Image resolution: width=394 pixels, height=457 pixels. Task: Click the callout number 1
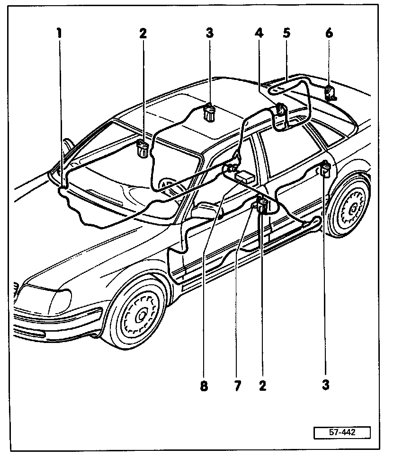(x=59, y=33)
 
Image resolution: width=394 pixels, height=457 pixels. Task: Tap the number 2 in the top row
(x=143, y=33)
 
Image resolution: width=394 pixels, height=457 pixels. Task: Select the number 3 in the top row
(x=209, y=33)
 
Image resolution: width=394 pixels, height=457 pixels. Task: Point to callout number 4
(x=258, y=33)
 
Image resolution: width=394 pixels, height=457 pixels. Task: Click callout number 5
(x=287, y=33)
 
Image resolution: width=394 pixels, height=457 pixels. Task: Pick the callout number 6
(x=329, y=33)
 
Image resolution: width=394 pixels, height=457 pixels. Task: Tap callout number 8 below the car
(x=204, y=386)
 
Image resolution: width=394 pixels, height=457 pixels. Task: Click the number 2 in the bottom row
(x=262, y=386)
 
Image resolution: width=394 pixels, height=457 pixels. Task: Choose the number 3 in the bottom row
(x=325, y=386)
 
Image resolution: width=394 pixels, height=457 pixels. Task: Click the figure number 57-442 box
(x=341, y=432)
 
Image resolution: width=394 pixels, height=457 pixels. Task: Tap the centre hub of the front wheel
(x=141, y=313)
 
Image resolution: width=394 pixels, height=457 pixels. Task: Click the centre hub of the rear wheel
(x=352, y=207)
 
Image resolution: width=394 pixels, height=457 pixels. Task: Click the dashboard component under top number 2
(x=142, y=148)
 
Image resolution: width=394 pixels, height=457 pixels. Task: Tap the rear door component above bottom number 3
(x=325, y=169)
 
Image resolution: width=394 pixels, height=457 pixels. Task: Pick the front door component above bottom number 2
(x=261, y=206)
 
